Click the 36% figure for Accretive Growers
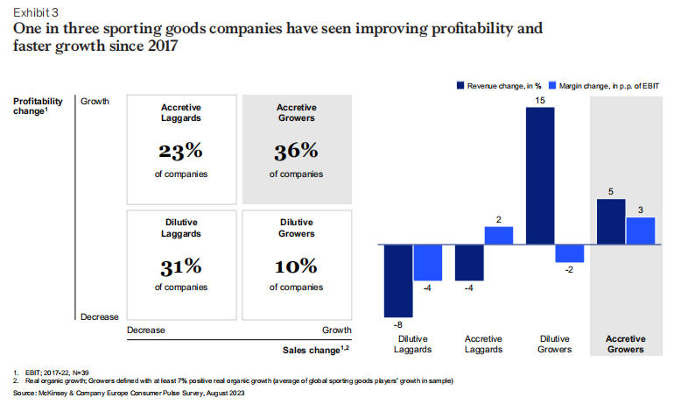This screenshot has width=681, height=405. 296,152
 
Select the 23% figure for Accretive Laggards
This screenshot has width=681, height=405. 181,152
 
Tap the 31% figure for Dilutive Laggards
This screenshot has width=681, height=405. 181,265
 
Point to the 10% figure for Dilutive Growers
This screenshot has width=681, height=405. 296,265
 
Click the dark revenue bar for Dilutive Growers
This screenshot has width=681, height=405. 541,176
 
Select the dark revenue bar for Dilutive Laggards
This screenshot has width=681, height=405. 398,280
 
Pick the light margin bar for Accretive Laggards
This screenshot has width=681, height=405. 499,235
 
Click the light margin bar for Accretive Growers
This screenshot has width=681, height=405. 641,231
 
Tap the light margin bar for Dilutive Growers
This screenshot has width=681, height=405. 570,253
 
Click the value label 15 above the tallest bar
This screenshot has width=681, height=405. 541,102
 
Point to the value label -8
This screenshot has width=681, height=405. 398,324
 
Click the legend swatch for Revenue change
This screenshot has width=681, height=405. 460,86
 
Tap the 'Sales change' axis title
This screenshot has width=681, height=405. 316,350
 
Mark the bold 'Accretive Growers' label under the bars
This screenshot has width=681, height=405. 626,344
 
